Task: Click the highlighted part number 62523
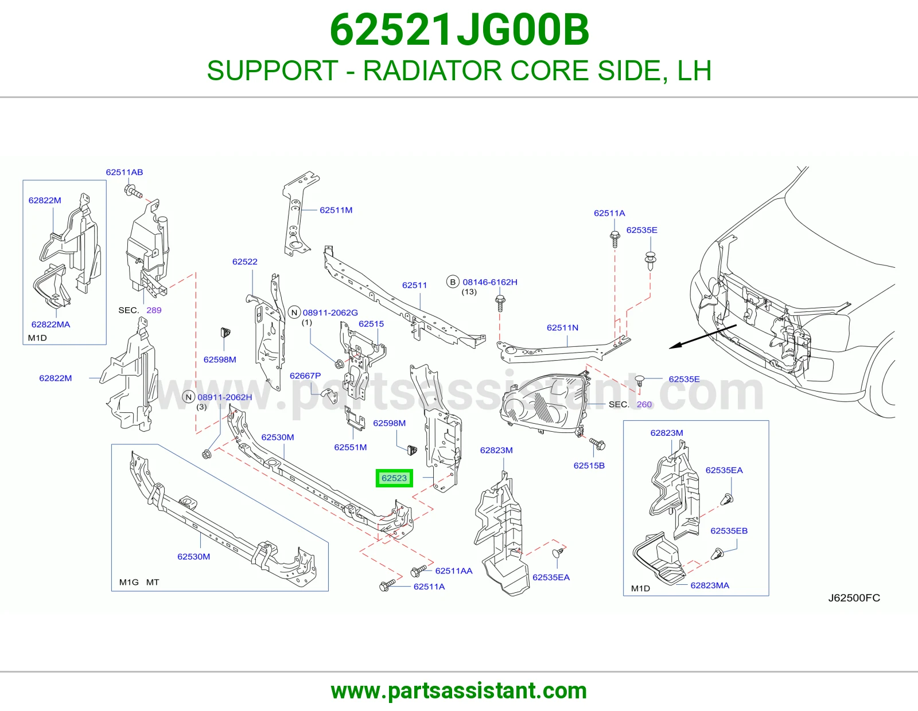pyautogui.click(x=394, y=478)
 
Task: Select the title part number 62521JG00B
pyautogui.click(x=459, y=30)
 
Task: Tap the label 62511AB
pyautogui.click(x=124, y=172)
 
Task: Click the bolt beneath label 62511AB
pyautogui.click(x=133, y=192)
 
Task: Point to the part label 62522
pyautogui.click(x=244, y=261)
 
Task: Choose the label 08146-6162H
pyautogui.click(x=489, y=282)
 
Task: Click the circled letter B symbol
pyautogui.click(x=453, y=282)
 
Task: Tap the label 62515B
pyautogui.click(x=589, y=465)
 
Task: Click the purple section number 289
pyautogui.click(x=154, y=310)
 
